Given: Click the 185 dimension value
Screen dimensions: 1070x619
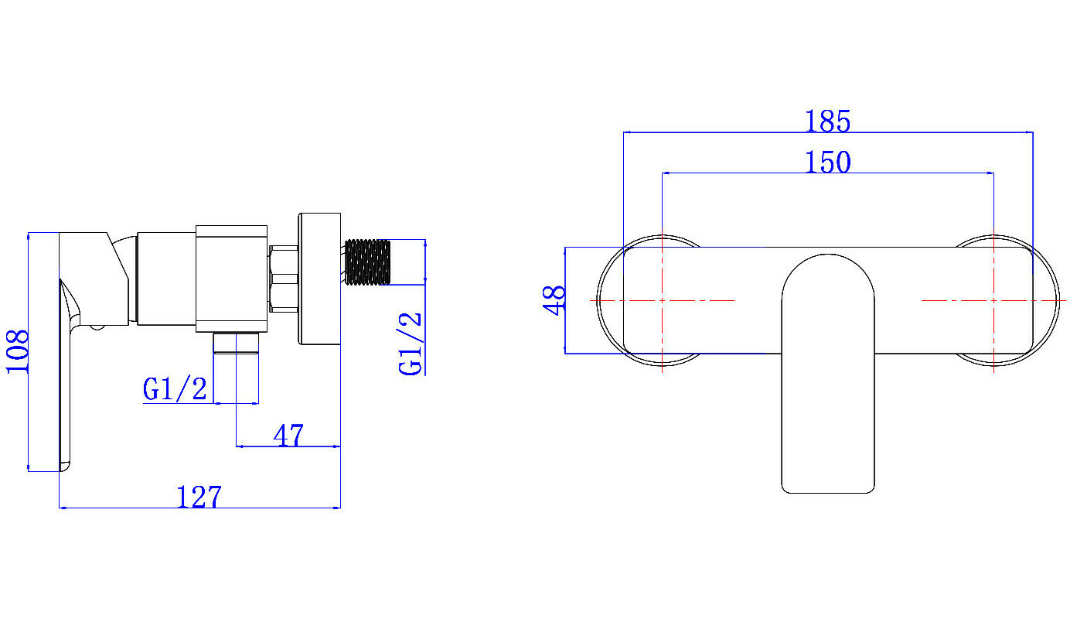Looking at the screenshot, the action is pos(828,121).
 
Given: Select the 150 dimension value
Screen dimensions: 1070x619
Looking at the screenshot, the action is pos(828,162).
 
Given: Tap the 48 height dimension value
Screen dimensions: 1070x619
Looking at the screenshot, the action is pos(554,300).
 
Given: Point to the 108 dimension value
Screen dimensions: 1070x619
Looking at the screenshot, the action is pos(18,351).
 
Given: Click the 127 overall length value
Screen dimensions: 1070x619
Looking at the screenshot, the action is pos(199,497).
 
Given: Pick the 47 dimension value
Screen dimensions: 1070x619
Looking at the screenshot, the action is pos(288,436).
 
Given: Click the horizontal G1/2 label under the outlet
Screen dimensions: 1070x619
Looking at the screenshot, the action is pos(175,388).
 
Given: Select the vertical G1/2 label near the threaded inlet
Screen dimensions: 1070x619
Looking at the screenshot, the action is pos(411,344).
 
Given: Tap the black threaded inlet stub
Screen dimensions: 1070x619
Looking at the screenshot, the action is pos(367,262).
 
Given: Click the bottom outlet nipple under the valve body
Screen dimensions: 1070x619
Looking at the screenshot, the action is pos(236,343).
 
